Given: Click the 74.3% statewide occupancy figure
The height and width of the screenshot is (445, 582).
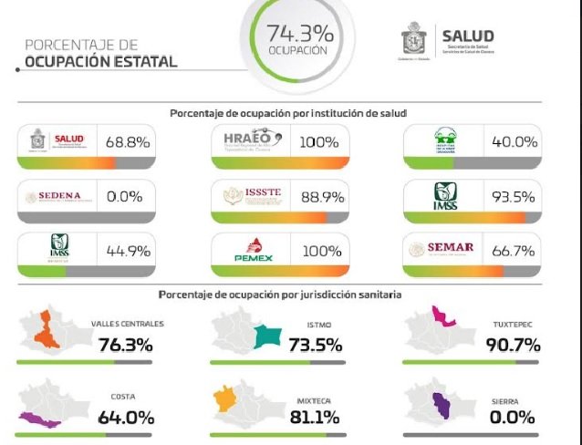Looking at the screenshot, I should coord(299,34).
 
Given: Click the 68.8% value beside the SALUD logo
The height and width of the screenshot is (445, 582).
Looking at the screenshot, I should coord(129,141).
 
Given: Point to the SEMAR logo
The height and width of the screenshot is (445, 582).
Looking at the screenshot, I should coord(448,249).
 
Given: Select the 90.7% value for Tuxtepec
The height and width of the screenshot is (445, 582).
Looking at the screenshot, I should coord(511,344).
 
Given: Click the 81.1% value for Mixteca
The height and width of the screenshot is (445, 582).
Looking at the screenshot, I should coord(316,418).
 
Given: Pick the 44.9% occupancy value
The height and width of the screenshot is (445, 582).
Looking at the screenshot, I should coord(129,249).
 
